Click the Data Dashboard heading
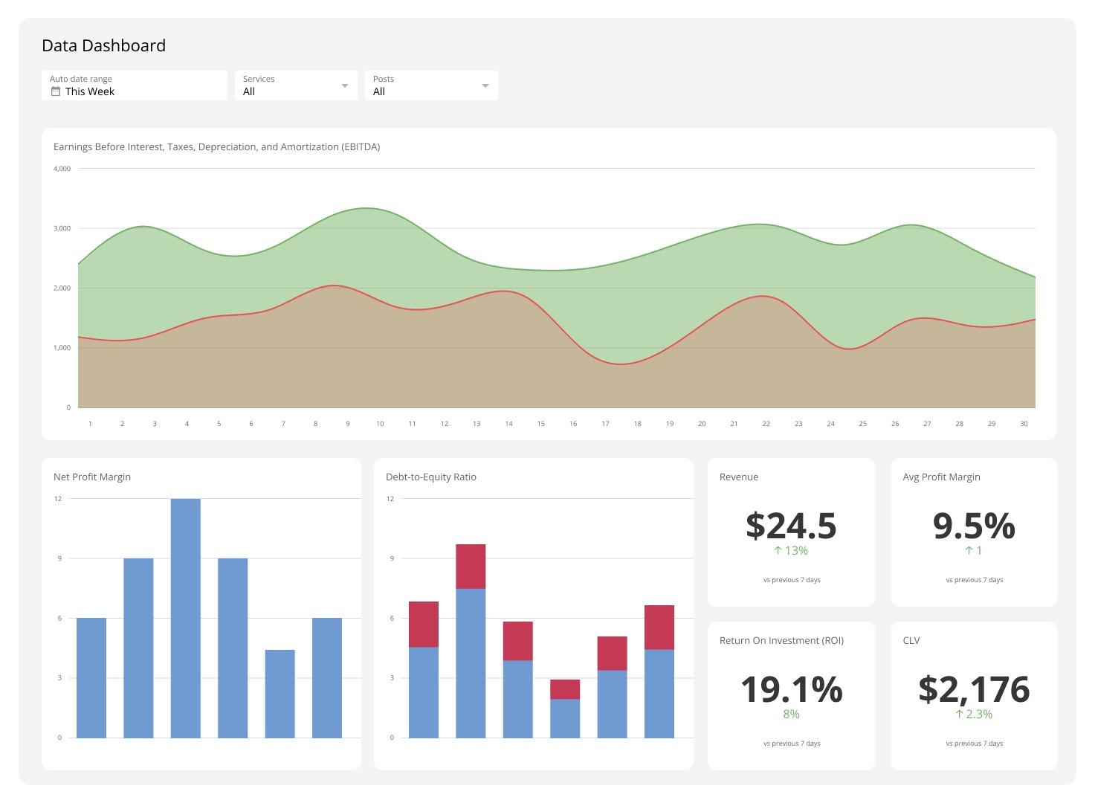click(x=103, y=45)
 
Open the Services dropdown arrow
click(x=344, y=86)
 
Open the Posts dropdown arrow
click(x=485, y=86)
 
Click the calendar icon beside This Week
click(x=55, y=91)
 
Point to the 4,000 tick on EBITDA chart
click(x=62, y=169)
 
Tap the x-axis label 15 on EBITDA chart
click(x=540, y=424)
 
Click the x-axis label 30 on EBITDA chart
click(x=1024, y=424)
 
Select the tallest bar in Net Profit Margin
click(x=185, y=617)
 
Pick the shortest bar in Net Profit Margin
click(x=280, y=693)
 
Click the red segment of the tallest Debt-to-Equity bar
click(x=471, y=566)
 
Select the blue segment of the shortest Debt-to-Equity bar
click(x=565, y=718)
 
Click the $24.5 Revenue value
click(x=791, y=526)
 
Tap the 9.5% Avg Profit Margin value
click(x=974, y=526)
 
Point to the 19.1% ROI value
click(x=791, y=689)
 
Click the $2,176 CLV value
click(x=974, y=689)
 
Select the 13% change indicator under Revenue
click(x=791, y=551)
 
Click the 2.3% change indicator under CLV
click(x=974, y=715)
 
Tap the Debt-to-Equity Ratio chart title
click(x=431, y=477)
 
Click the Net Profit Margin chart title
click(x=92, y=477)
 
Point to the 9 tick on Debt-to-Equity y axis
click(x=391, y=558)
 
